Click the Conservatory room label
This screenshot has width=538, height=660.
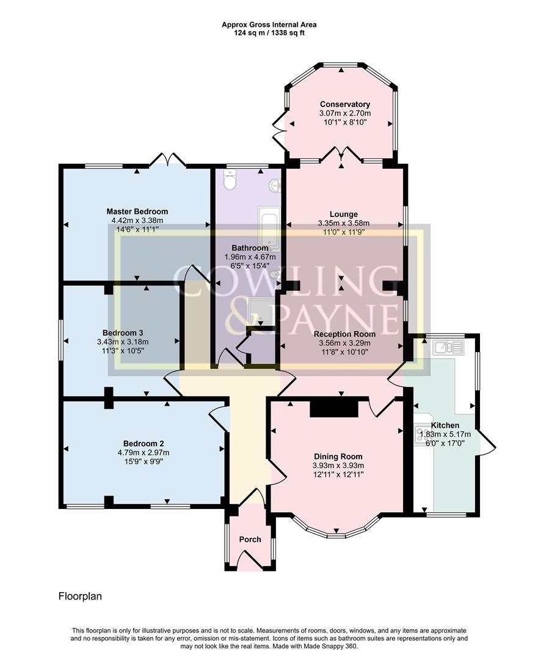coord(344,105)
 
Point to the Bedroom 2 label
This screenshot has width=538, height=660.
coord(144,444)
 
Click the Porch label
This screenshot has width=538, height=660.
coord(250,540)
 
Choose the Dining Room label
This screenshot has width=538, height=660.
coord(338,457)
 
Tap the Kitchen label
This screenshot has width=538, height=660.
coord(445,425)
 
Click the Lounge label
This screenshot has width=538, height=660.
coord(344,215)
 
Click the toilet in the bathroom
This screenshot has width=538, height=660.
coord(230,180)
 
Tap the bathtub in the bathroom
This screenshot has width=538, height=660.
coord(269,227)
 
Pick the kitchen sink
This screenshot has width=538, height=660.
coord(449,348)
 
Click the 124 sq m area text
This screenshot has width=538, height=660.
coord(252,33)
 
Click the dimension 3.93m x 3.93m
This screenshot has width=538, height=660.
coord(338,466)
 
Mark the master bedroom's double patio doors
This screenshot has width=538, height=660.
coord(167,159)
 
